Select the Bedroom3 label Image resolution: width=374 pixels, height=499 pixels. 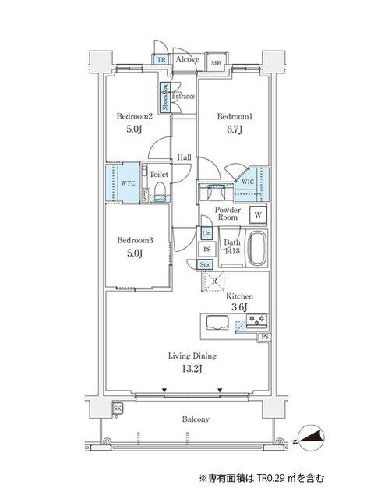pos(134,241)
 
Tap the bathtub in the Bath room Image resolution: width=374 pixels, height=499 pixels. pos(258,249)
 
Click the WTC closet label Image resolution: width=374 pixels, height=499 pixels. pos(118,184)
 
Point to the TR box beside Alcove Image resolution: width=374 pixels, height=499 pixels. pos(161,59)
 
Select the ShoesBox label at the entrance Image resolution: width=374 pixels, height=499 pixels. pos(165,98)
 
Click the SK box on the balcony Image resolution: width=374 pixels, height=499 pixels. pos(118,408)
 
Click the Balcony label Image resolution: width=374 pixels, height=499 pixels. pos(196,419)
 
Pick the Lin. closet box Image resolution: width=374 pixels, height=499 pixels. pos(206,233)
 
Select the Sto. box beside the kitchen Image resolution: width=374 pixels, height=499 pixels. pos(205,265)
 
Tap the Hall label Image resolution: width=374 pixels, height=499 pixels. pos(184,157)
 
